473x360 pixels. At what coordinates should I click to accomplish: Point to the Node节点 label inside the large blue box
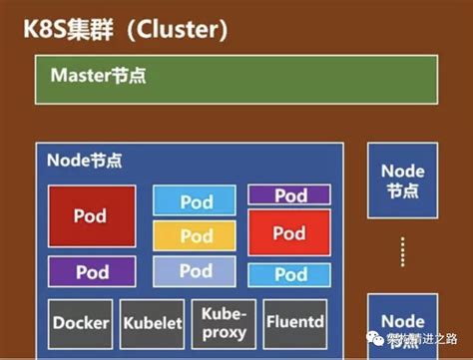85,159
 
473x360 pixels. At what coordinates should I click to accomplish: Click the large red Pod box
91,214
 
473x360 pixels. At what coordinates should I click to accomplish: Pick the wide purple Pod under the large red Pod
91,271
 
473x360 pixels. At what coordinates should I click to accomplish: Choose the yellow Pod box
195,236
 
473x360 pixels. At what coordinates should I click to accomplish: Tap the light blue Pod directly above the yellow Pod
195,200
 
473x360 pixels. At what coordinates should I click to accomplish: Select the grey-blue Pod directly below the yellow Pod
195,271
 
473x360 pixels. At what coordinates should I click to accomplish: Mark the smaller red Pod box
289,233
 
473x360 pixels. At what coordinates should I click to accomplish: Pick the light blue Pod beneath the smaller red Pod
289,272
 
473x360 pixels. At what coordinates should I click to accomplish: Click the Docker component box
81,323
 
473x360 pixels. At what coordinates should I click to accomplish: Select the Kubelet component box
153,323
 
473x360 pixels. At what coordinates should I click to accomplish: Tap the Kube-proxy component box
225,321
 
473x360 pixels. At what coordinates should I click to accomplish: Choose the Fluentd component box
295,321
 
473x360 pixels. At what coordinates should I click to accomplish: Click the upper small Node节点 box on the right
402,180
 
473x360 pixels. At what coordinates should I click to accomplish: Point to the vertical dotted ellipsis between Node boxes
403,252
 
